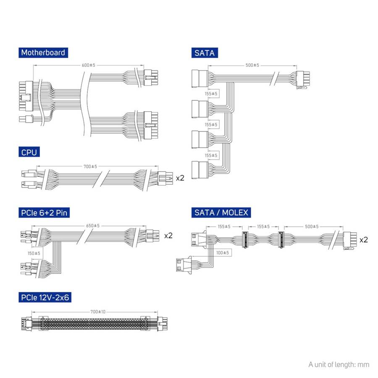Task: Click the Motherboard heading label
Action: pyautogui.click(x=43, y=53)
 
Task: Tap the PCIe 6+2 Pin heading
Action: pyautogui.click(x=44, y=213)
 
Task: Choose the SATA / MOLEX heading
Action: pyautogui.click(x=220, y=213)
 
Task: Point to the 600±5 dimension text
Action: pyautogui.click(x=88, y=65)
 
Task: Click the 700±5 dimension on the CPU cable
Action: pyautogui.click(x=90, y=166)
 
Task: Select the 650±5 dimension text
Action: pyautogui.click(x=92, y=226)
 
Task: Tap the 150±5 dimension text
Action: pyautogui.click(x=33, y=253)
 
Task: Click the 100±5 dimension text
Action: pyautogui.click(x=222, y=252)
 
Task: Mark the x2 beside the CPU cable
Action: pyautogui.click(x=180, y=178)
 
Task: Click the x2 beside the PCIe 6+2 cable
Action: pyautogui.click(x=168, y=235)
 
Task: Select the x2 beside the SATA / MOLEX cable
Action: pyautogui.click(x=364, y=239)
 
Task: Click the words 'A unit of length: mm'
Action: pyautogui.click(x=339, y=364)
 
